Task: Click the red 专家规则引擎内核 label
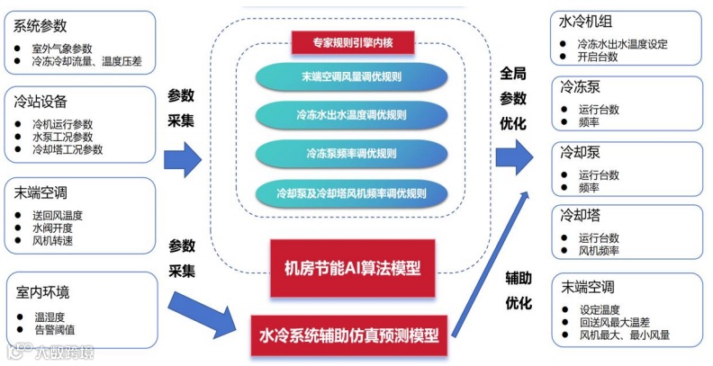(353, 41)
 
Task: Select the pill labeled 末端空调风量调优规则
(353, 77)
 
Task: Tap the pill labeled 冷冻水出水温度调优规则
(353, 115)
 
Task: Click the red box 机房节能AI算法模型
(353, 267)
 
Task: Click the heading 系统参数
(41, 26)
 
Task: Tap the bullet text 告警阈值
(56, 330)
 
